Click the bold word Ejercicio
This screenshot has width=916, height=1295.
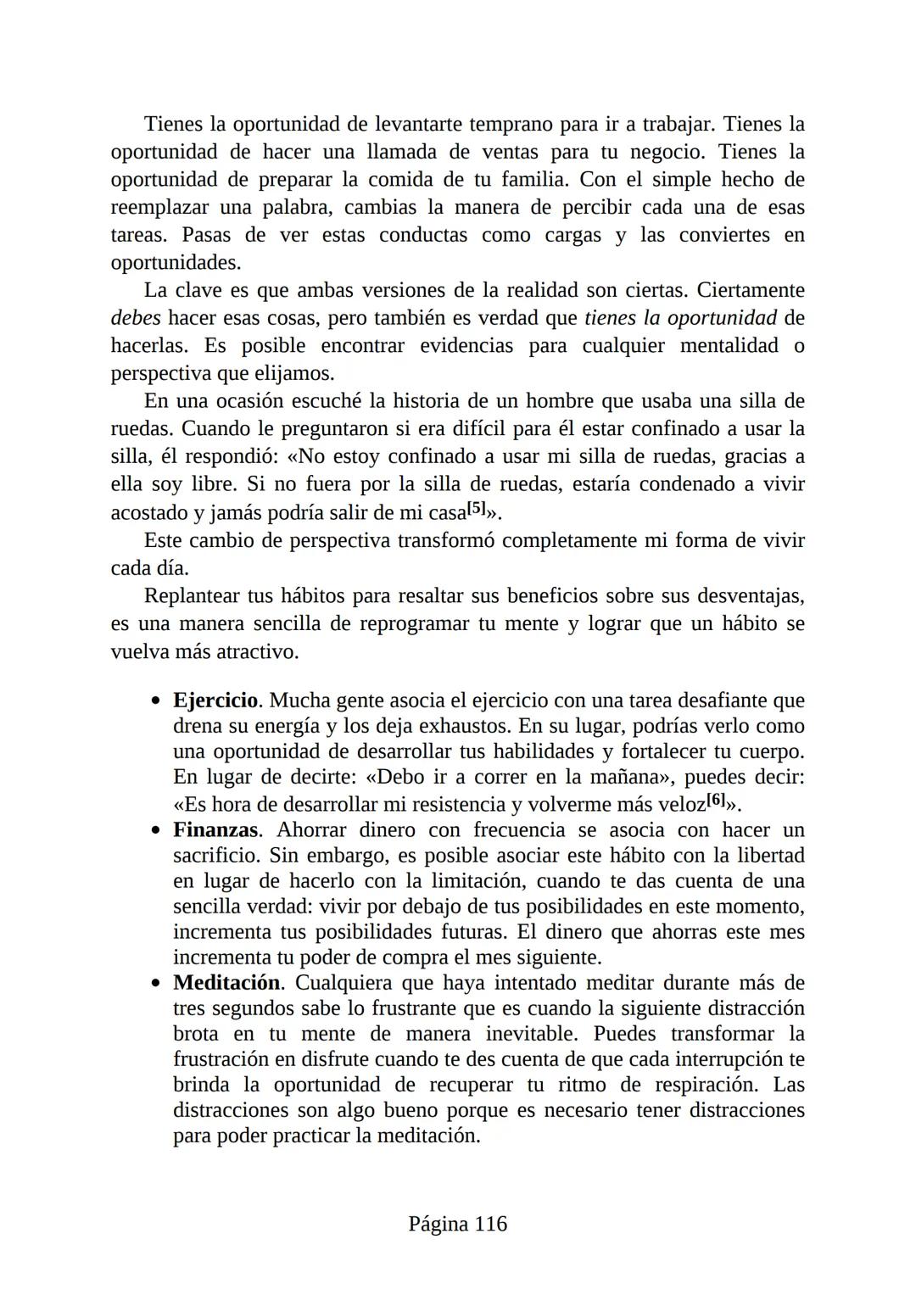(x=215, y=701)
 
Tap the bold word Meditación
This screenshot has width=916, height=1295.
(x=226, y=982)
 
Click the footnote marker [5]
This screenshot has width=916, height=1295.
(x=478, y=508)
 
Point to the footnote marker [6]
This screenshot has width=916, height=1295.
(x=717, y=799)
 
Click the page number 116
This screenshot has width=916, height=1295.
(x=491, y=1224)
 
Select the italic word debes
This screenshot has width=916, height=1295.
(x=136, y=318)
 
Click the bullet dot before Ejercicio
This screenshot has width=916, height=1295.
(x=155, y=701)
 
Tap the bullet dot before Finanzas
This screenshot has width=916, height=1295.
(x=155, y=830)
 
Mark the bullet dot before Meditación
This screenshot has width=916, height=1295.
(x=155, y=983)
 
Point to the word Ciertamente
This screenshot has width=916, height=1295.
(x=751, y=290)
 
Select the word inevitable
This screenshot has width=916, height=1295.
(x=531, y=1034)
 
